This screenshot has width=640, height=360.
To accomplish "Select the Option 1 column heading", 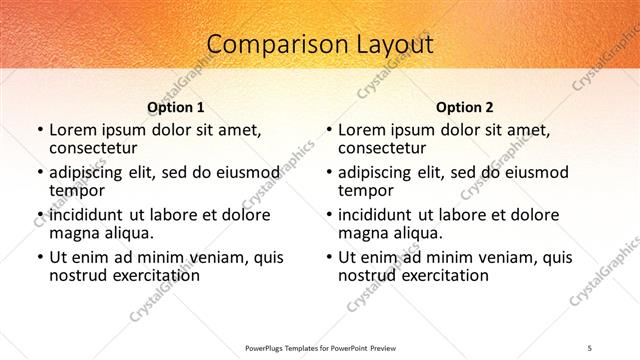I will (x=176, y=107).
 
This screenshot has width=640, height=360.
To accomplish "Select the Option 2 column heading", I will (x=465, y=107).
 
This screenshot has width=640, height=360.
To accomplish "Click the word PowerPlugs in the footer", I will (x=267, y=347).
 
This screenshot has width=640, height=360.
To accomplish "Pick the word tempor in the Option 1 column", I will (x=78, y=191).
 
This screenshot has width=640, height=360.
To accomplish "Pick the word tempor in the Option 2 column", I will (x=368, y=191).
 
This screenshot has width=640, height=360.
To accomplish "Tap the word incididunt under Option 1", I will (x=93, y=215).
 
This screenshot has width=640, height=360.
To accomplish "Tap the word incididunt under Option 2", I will (x=383, y=215).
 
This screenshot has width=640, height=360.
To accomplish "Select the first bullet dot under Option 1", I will (x=39, y=130).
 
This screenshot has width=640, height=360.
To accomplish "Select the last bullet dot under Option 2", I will (x=329, y=257).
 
